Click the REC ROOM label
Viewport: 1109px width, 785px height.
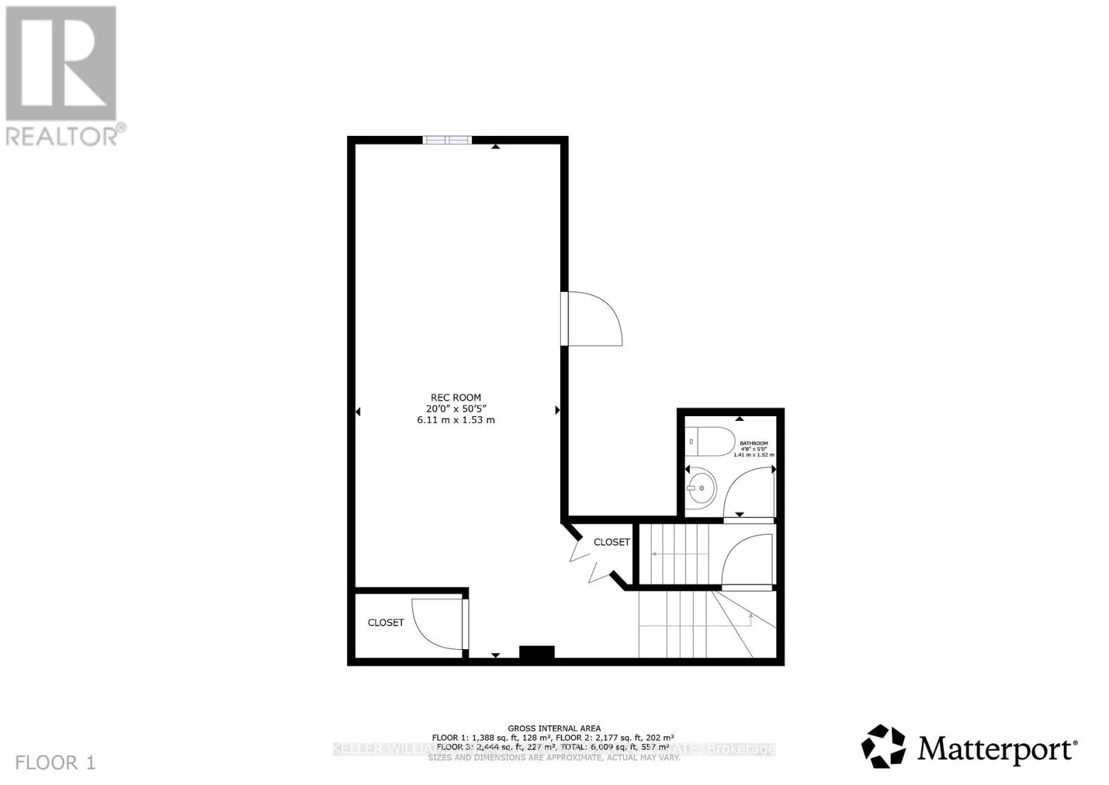pyautogui.click(x=455, y=397)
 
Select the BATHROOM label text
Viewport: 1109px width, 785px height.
pyautogui.click(x=753, y=443)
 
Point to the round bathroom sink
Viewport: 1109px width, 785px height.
pyautogui.click(x=701, y=488)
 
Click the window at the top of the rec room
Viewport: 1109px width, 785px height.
pyautogui.click(x=447, y=140)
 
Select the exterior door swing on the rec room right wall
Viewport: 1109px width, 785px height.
pyautogui.click(x=593, y=319)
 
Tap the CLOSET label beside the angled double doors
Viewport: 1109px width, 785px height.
pyautogui.click(x=611, y=542)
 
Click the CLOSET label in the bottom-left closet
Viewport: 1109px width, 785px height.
pyautogui.click(x=385, y=622)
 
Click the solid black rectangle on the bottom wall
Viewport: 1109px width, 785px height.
pyautogui.click(x=536, y=653)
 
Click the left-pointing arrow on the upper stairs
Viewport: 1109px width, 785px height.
pyautogui.click(x=655, y=553)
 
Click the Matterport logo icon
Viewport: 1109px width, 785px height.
pyautogui.click(x=883, y=746)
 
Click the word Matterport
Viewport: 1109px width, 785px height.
pyautogui.click(x=996, y=749)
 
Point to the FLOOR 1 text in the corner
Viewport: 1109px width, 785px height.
pyautogui.click(x=55, y=763)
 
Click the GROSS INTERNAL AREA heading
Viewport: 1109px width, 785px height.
pyautogui.click(x=554, y=728)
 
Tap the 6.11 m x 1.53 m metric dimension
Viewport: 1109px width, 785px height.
pyautogui.click(x=455, y=420)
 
